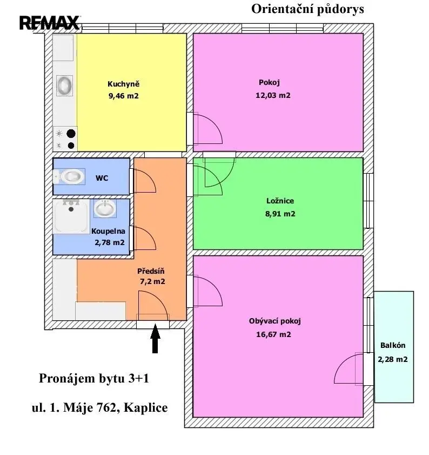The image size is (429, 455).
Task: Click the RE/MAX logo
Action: coord(50,23)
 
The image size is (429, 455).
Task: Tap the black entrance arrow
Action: coord(155,338)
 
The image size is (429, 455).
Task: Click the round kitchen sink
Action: coord(64,85)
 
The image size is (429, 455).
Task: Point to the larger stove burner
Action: coord(71,134)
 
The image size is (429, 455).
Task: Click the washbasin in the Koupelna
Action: coord(105,208)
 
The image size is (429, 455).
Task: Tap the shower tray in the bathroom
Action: coord(71,216)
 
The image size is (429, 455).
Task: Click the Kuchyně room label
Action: coord(124,84)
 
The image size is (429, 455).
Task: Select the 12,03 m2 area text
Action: coord(273,95)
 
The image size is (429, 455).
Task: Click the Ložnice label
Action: coord(280,201)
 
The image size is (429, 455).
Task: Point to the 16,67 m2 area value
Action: coord(273,334)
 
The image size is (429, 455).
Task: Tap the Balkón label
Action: coord(393,345)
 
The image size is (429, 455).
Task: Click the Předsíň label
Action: coord(151,271)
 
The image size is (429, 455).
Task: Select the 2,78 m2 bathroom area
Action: coord(110,242)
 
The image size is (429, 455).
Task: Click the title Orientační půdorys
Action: coord(307,9)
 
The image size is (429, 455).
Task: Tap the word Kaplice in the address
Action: coord(146,408)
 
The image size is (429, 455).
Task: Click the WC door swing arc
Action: coord(148,178)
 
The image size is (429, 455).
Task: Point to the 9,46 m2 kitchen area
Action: coord(124,96)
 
